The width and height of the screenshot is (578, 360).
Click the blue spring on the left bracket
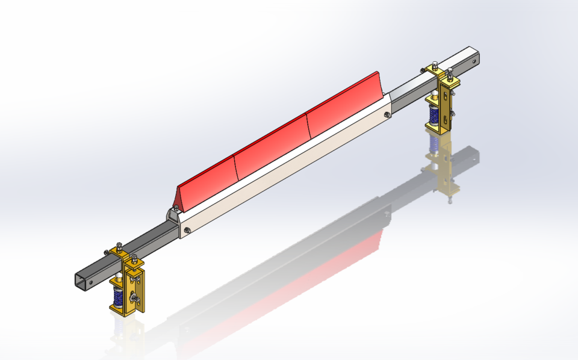coord(118,296)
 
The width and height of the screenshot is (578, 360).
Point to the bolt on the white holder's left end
coord(188,229)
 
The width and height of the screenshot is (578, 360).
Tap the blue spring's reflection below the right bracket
coord(432,143)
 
